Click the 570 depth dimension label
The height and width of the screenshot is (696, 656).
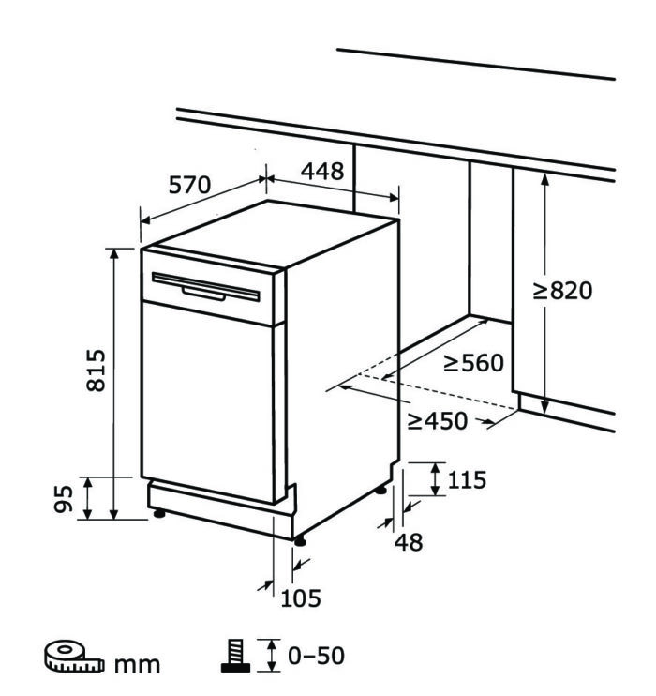point(189,185)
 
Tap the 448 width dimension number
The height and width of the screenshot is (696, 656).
point(322,171)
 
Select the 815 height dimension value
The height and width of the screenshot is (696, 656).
point(96,371)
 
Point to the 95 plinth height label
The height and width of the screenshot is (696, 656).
point(64,499)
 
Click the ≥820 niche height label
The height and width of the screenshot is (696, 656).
point(562,291)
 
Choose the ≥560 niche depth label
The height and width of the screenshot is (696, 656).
point(473,363)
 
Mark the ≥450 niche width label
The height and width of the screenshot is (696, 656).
point(438,421)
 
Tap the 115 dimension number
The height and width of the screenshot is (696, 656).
point(467,480)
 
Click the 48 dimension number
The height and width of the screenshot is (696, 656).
point(409,542)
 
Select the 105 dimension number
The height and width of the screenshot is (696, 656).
point(301,598)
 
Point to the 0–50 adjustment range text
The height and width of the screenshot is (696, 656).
point(316,656)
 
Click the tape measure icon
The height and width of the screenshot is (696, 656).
point(74,656)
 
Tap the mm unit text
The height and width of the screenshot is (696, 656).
point(137,664)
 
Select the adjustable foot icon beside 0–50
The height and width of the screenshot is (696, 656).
point(236,656)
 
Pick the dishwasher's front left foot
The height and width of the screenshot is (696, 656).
point(158,514)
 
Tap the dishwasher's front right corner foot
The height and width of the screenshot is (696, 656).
point(300,541)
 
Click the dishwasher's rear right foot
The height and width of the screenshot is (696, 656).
point(380,491)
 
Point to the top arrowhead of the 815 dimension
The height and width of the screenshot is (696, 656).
point(114,253)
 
